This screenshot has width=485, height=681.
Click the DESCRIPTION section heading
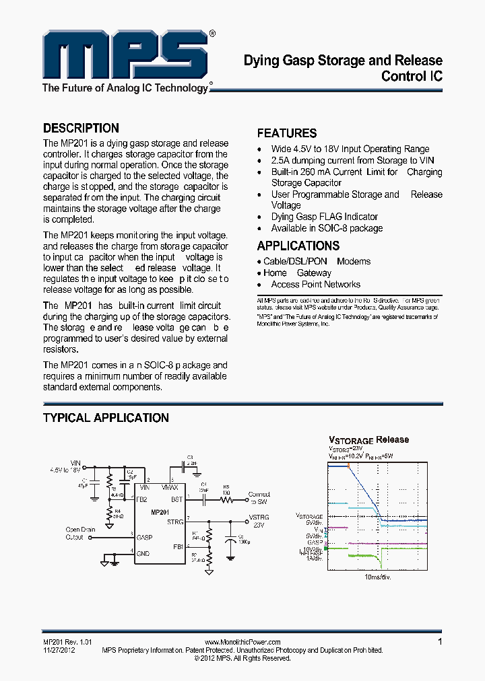(x=81, y=128)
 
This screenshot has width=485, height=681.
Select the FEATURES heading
(x=287, y=133)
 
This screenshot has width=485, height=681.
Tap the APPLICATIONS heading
(x=298, y=246)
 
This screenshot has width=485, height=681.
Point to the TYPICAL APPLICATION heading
(x=106, y=418)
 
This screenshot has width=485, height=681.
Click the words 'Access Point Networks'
(x=315, y=285)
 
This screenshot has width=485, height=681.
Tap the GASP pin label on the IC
(x=145, y=538)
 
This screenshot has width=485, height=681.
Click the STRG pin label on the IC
(x=174, y=522)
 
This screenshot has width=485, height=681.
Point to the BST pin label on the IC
(x=176, y=499)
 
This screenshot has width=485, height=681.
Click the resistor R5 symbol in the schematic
(x=226, y=501)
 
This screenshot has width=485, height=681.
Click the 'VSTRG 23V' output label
(x=259, y=521)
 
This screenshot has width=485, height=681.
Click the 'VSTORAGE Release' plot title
(x=368, y=439)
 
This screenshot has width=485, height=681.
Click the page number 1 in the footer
(x=440, y=642)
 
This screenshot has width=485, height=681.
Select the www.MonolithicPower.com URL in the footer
(x=242, y=643)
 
